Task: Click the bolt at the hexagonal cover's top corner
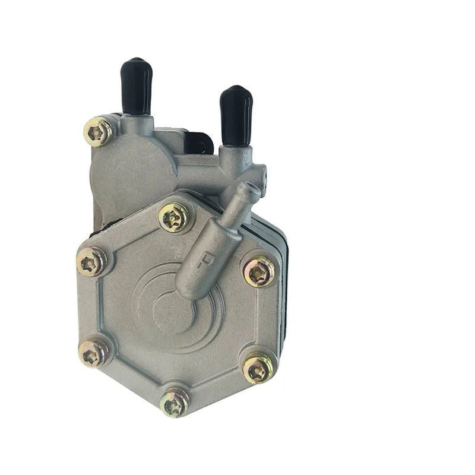coord(176,218)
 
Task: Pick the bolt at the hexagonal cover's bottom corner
coord(176,404)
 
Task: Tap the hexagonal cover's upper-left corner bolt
coord(92,262)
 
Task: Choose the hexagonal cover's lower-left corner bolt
coord(94,354)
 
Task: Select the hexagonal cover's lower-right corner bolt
coord(258,369)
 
